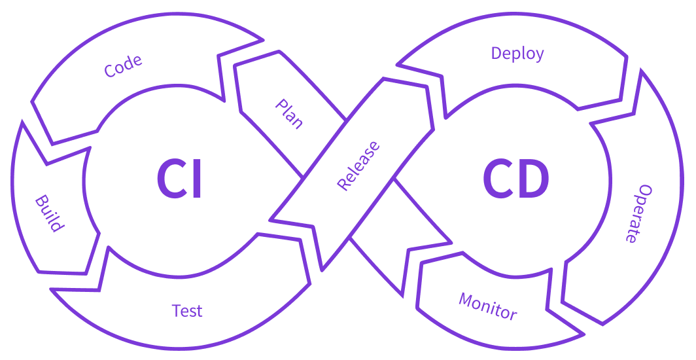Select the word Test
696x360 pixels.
[x=187, y=310]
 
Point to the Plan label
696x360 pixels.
[x=289, y=114]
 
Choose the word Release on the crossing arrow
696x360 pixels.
[x=358, y=166]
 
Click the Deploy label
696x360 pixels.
[x=517, y=54]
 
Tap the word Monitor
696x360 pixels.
[x=488, y=306]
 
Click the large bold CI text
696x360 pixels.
[x=179, y=179]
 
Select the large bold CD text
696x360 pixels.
[x=516, y=179]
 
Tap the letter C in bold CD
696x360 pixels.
[x=499, y=179]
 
